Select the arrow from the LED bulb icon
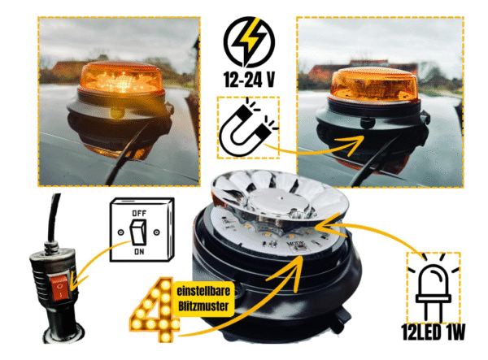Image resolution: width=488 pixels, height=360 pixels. coord(374,232)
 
